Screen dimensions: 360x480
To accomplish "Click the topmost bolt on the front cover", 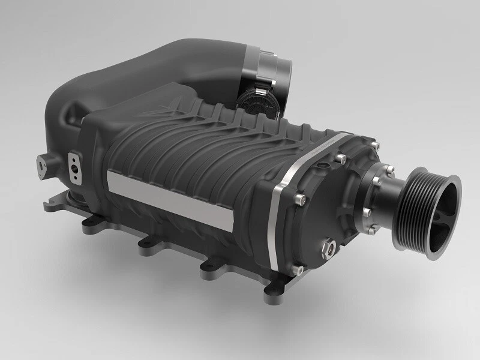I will tap(374, 146).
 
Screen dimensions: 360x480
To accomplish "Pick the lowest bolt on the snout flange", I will tap(365, 211).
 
